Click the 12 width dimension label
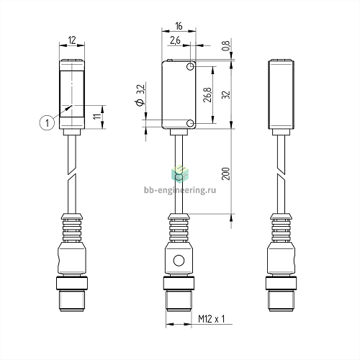[x=72, y=40]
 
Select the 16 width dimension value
[x=179, y=26]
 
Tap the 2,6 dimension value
[x=175, y=40]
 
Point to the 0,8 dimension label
[x=226, y=45]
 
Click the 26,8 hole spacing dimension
[x=207, y=95]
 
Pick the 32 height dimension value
[x=226, y=95]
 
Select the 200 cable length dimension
[x=226, y=174]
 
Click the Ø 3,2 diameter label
[x=140, y=95]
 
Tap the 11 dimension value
[x=97, y=117]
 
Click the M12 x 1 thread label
[x=212, y=319]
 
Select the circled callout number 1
[x=47, y=122]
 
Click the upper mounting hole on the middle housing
[x=191, y=66]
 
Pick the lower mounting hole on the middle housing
[x=191, y=123]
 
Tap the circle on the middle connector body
[x=179, y=261]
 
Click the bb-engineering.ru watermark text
[x=180, y=190]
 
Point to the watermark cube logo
[x=180, y=174]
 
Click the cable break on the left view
[x=72, y=174]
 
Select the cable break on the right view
[x=282, y=174]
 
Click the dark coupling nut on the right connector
[x=282, y=284]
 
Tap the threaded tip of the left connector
[x=72, y=301]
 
